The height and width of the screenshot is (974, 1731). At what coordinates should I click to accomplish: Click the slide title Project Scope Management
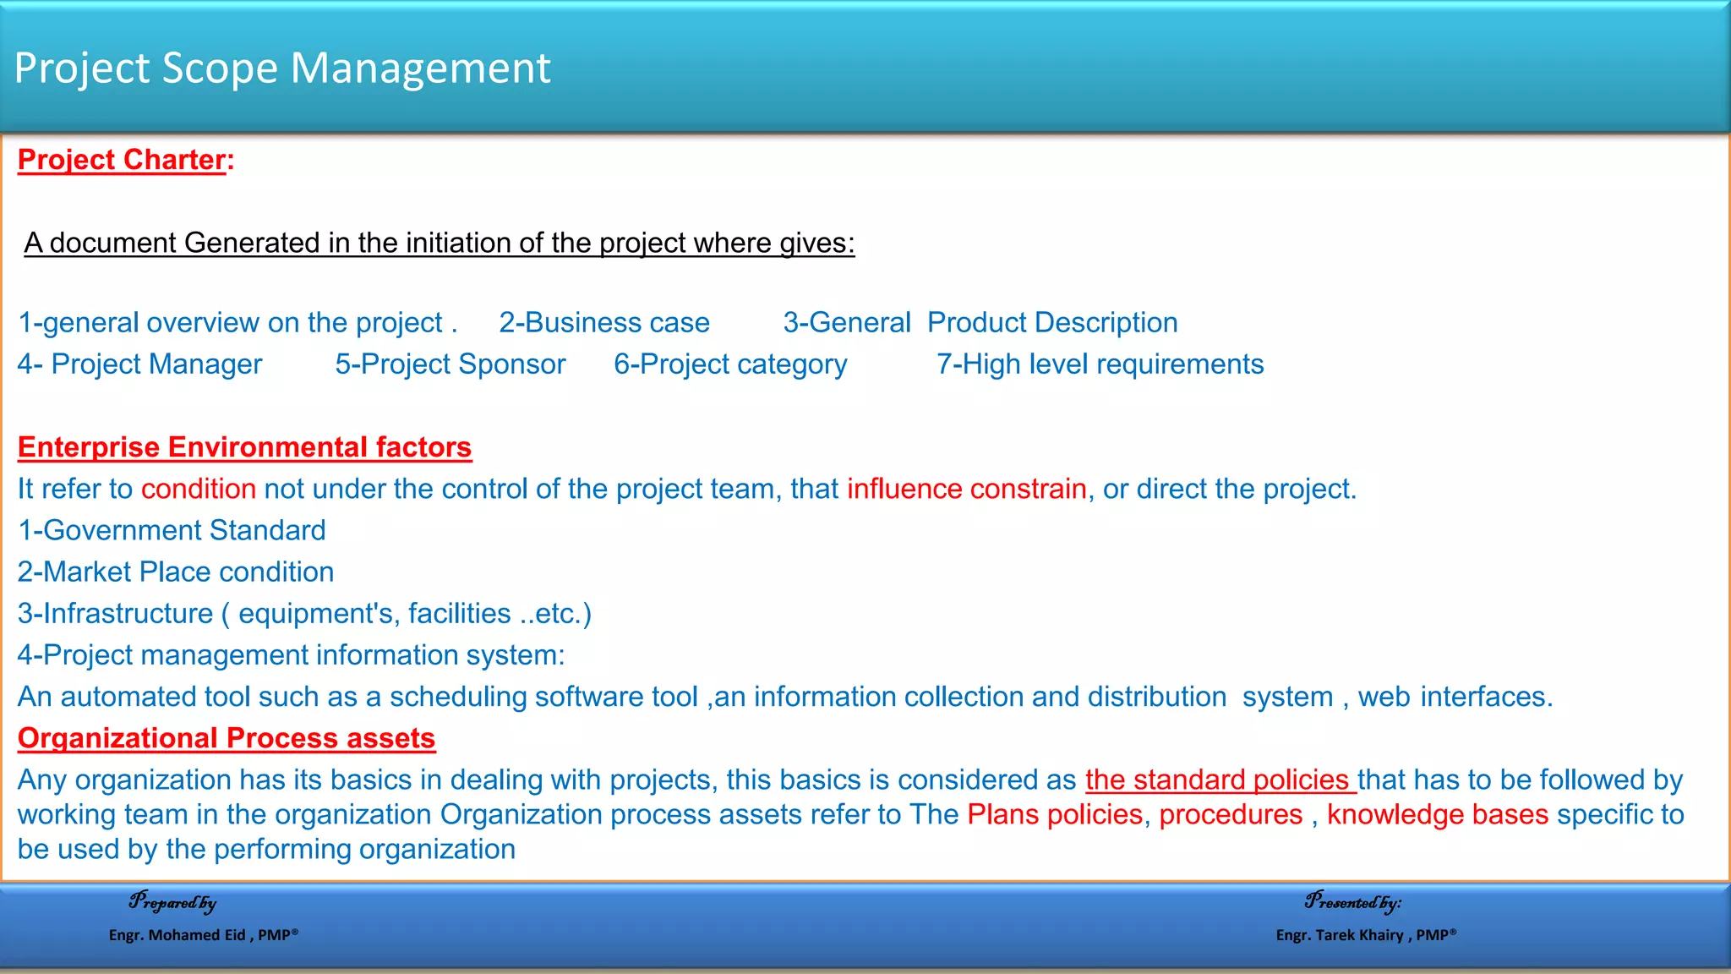click(282, 68)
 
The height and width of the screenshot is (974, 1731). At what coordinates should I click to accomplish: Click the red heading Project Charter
click(123, 160)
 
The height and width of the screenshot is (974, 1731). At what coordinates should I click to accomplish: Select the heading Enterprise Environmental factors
click(244, 447)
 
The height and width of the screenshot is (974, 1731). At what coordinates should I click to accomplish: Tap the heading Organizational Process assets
click(227, 738)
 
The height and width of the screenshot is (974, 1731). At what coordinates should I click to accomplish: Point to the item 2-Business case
click(604, 323)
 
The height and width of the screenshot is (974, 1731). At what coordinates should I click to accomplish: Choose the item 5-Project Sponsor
click(450, 364)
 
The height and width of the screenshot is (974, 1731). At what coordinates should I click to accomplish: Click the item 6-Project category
click(730, 364)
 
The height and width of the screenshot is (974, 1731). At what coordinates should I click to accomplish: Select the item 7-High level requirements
click(1100, 364)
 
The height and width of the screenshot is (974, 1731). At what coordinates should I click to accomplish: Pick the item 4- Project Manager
click(140, 364)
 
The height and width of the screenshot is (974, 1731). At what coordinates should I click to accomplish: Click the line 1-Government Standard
click(172, 530)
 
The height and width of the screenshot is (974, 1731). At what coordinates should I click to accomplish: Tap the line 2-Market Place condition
click(176, 572)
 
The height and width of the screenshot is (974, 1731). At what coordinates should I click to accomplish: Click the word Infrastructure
click(128, 613)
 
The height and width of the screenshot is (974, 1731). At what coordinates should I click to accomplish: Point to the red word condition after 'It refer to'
click(199, 489)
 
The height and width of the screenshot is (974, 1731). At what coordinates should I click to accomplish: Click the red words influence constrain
click(966, 489)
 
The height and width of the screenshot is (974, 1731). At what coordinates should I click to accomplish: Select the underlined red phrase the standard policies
click(1220, 780)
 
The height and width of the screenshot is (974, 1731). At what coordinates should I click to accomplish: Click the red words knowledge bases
click(1437, 814)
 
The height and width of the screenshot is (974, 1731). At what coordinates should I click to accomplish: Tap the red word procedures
click(1231, 814)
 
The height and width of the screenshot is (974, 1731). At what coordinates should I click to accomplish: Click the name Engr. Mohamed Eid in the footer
click(177, 935)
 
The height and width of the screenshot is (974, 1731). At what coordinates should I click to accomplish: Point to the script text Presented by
click(1352, 902)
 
